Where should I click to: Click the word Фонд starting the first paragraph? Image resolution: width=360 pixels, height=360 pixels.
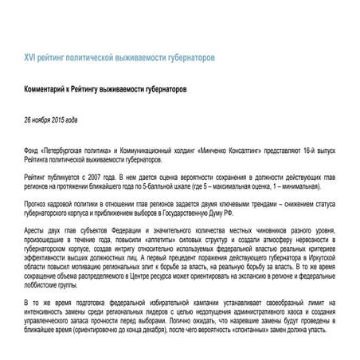33,149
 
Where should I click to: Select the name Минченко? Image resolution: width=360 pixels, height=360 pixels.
229,149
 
